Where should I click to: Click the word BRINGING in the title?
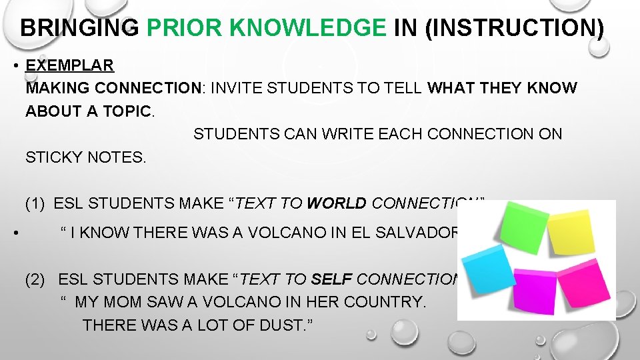[79, 28]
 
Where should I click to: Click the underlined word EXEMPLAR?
[69, 65]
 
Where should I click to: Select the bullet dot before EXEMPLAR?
[14, 66]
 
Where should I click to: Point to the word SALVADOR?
[422, 233]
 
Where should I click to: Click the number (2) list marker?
[36, 279]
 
